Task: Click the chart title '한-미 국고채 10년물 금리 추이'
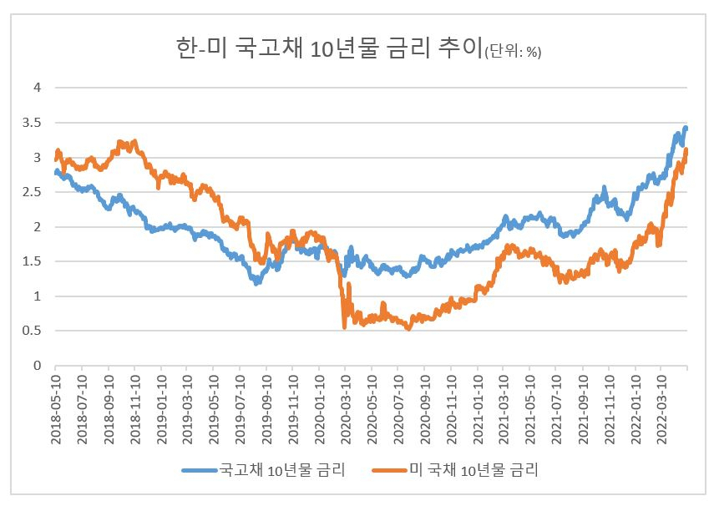pyautogui.click(x=329, y=48)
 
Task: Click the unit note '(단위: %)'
pyautogui.click(x=514, y=52)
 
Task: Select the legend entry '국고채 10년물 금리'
pyautogui.click(x=282, y=469)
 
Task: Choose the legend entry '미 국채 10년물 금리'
pyautogui.click(x=474, y=469)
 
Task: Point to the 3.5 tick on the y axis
pyautogui.click(x=32, y=123)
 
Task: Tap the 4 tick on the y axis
pyautogui.click(x=38, y=88)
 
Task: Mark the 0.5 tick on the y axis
pyautogui.click(x=32, y=331)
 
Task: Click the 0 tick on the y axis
pyautogui.click(x=38, y=365)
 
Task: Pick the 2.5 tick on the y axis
pyautogui.click(x=32, y=192)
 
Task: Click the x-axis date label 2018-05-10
pyautogui.click(x=56, y=409)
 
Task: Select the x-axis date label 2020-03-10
pyautogui.click(x=346, y=409)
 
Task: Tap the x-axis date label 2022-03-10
pyautogui.click(x=661, y=409)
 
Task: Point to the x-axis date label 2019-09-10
pyautogui.click(x=267, y=409)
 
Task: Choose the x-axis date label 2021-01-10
pyautogui.click(x=477, y=409)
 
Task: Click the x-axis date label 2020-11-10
pyautogui.click(x=451, y=409)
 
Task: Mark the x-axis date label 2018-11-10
pyautogui.click(x=135, y=409)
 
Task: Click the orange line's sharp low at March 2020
pyautogui.click(x=344, y=327)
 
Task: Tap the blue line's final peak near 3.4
pyautogui.click(x=686, y=129)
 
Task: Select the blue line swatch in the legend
pyautogui.click(x=200, y=470)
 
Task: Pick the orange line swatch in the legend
pyautogui.click(x=389, y=470)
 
